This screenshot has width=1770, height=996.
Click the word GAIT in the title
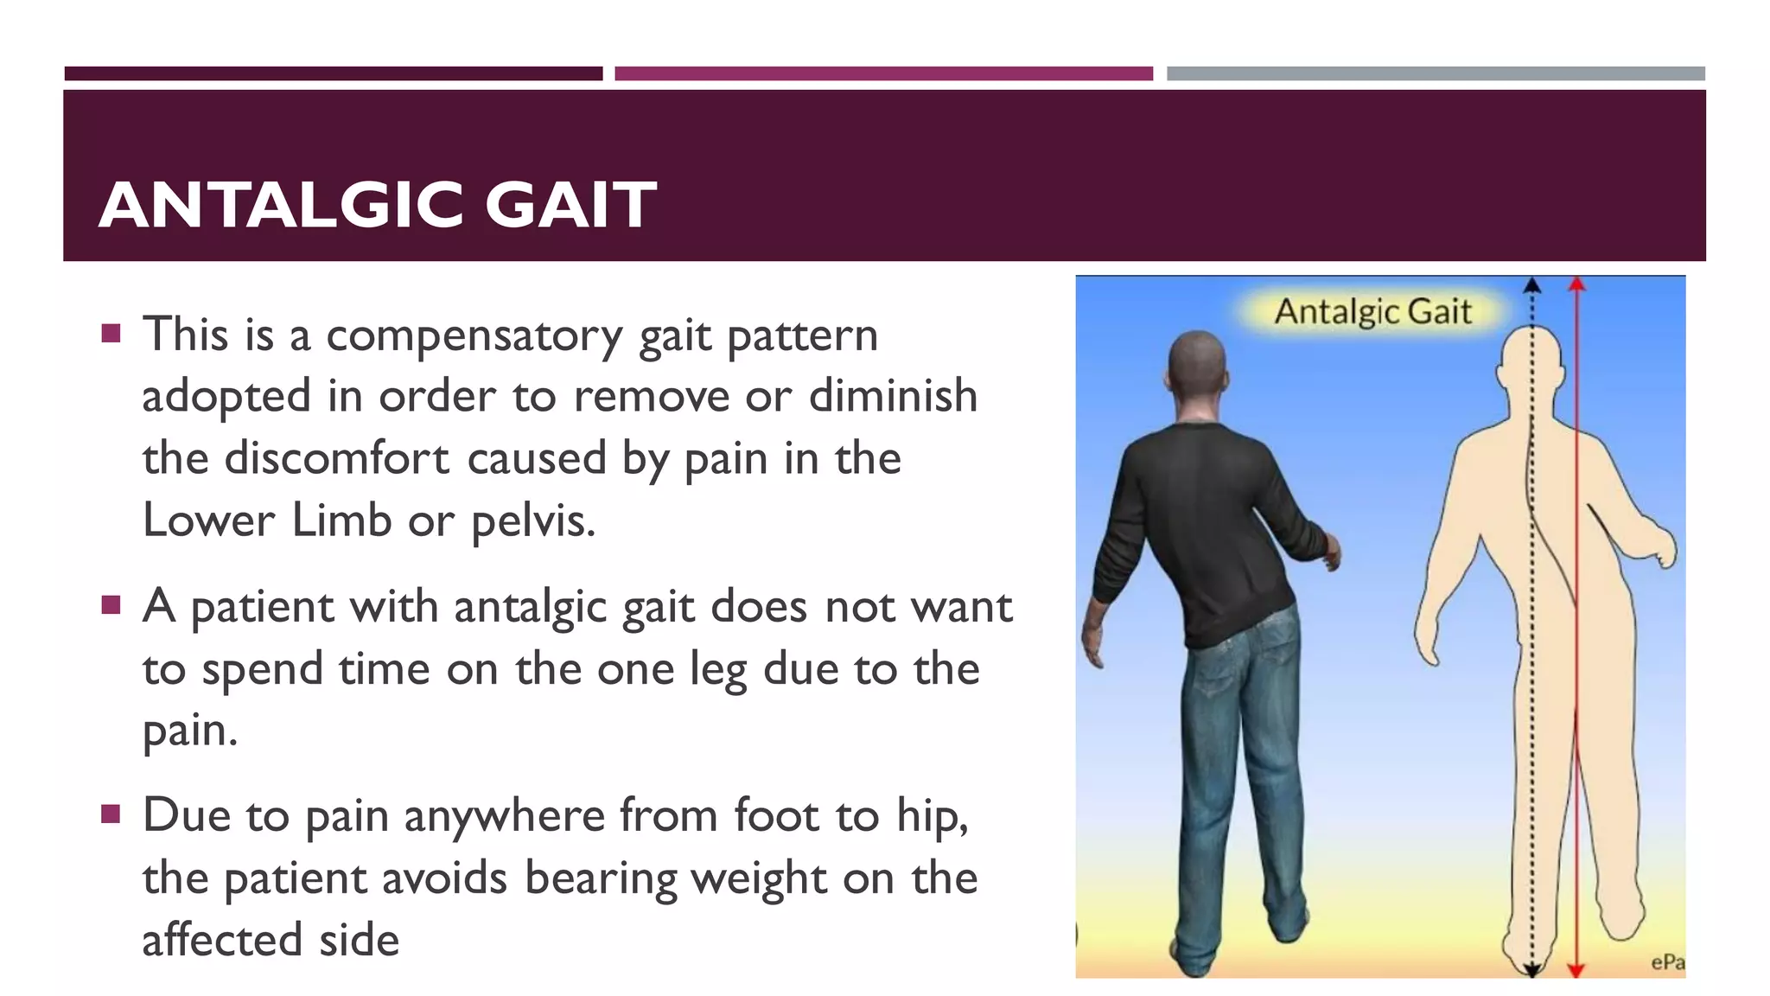[570, 206]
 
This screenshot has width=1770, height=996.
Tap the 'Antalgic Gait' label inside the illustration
[1372, 311]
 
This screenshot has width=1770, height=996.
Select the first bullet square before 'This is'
[111, 334]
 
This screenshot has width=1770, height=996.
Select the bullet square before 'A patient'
[111, 604]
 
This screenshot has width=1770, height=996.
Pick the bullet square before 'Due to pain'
[111, 814]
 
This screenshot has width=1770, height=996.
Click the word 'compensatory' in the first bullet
[474, 335]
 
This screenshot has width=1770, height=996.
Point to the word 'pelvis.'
[533, 521]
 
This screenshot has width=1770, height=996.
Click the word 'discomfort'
[337, 458]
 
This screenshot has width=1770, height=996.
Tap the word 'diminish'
[893, 396]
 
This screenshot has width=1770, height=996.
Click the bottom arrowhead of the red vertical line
[1576, 970]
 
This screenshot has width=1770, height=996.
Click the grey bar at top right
[1436, 73]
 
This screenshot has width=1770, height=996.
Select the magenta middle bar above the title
[883, 73]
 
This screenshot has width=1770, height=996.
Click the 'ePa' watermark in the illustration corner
[1666, 962]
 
